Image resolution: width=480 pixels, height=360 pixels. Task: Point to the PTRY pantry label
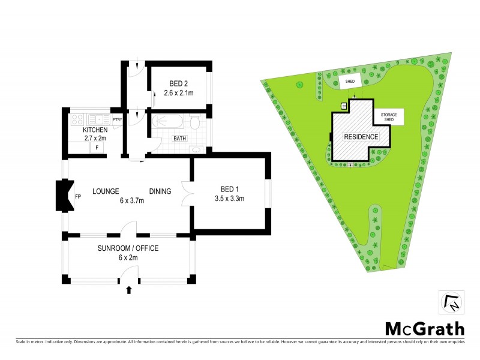click(117, 119)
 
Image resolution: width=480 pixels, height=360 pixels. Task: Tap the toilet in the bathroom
click(194, 123)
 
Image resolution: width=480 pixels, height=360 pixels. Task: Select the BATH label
click(179, 139)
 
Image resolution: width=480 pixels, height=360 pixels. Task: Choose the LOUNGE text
click(107, 191)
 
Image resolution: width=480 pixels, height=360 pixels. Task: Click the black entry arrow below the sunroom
click(130, 290)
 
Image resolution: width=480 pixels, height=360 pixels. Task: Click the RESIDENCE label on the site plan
click(361, 137)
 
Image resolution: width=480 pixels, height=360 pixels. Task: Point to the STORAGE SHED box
click(389, 117)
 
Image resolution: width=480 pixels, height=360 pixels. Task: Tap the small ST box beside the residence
click(344, 106)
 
